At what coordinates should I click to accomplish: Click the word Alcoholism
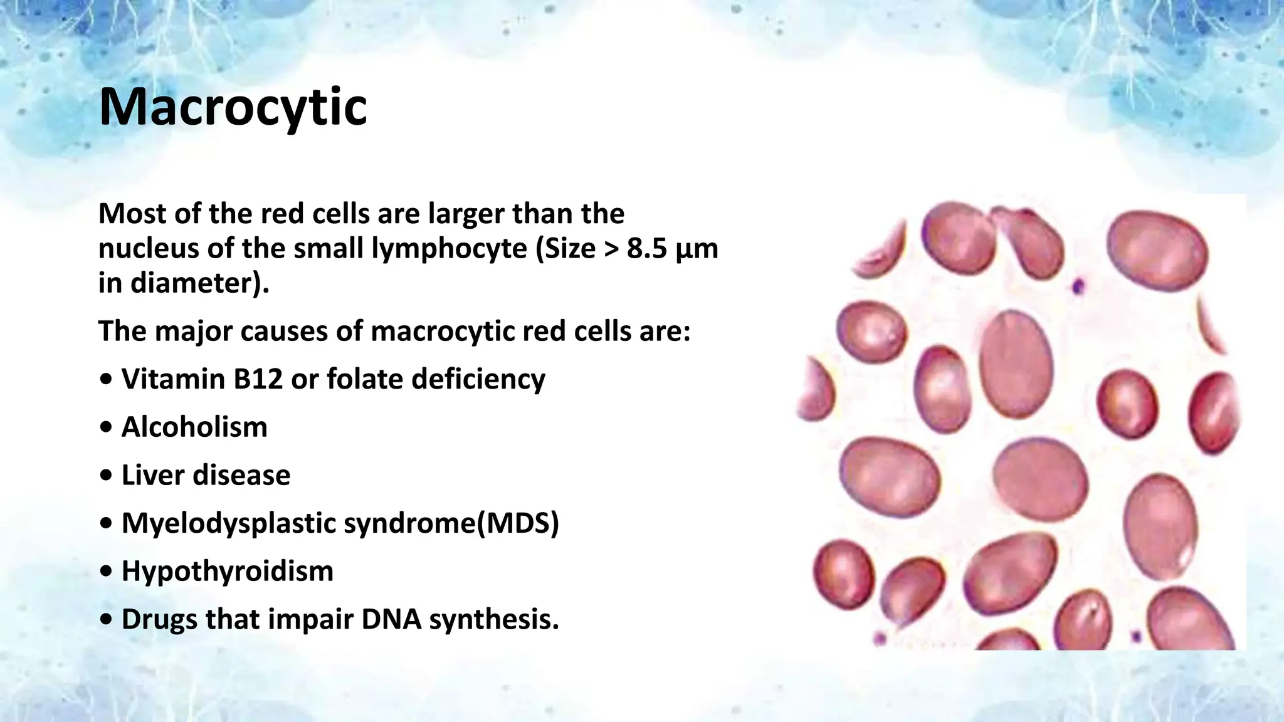pos(194,427)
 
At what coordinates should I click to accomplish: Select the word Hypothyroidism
pos(227,572)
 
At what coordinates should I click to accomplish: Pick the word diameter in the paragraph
pos(191,283)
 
